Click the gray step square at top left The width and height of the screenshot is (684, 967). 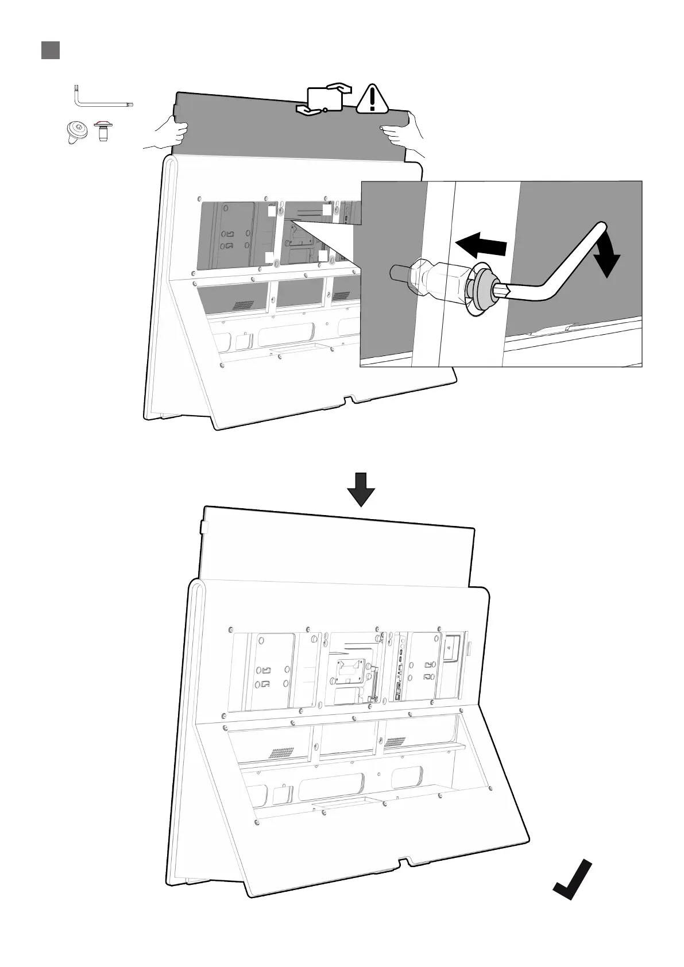[51, 50]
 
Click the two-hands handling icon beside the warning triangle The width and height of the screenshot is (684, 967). [323, 98]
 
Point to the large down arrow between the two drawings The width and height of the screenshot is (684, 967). [361, 489]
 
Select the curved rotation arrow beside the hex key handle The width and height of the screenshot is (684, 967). [605, 259]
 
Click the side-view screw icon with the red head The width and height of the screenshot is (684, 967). [103, 131]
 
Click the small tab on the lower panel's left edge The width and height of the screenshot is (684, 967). [202, 527]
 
